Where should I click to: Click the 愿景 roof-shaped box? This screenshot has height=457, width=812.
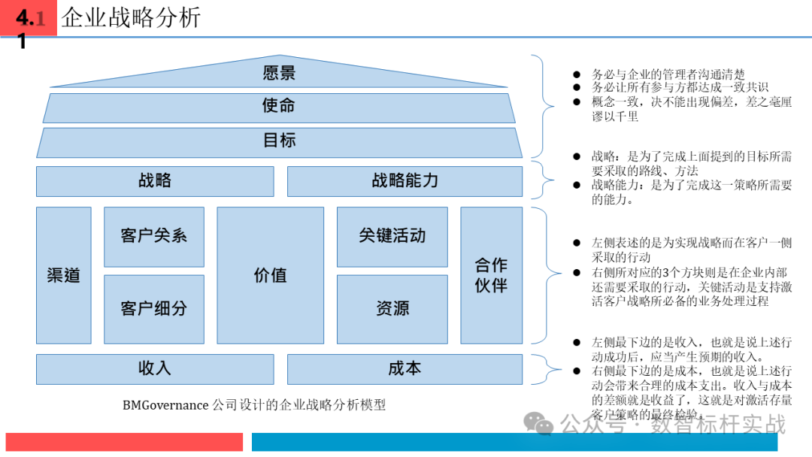coord(279,73)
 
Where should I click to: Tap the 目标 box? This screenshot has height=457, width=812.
coord(279,141)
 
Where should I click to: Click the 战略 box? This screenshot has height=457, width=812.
coord(155,181)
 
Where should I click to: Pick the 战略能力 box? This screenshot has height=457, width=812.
coord(404,181)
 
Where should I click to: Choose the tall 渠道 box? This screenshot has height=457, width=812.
coord(63,275)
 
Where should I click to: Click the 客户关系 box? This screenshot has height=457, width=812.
coord(153,237)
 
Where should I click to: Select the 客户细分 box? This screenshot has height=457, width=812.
coord(153,308)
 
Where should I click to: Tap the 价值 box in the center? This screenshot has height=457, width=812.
coord(270,275)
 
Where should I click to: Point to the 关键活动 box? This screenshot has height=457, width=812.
coord(392,237)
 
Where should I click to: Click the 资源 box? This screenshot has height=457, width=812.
coord(392,308)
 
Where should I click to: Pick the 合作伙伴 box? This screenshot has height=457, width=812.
coord(491,275)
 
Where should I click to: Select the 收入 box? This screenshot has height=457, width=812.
coord(155,368)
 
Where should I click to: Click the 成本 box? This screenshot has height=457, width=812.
coord(404,368)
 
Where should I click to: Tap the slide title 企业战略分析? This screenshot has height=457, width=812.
coord(131,17)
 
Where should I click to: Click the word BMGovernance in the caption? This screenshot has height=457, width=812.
coord(166,405)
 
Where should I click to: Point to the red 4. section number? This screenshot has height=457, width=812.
coord(25,18)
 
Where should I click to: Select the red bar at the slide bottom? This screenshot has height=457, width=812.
coord(124,442)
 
